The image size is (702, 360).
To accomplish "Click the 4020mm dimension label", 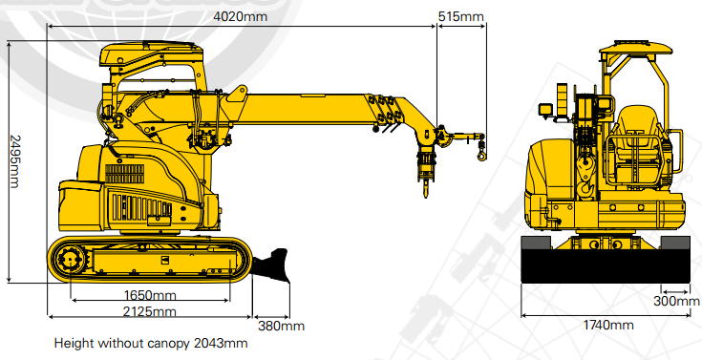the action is tap(240, 16).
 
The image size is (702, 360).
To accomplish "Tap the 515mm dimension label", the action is tap(460, 16).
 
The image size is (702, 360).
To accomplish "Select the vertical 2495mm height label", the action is tap(14, 161).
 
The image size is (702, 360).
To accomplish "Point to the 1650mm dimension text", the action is tap(150, 295).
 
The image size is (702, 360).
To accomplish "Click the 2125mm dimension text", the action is tap(150, 311).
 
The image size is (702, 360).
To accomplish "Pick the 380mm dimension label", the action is tap(281, 326).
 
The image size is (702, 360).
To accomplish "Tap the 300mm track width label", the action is tap(676, 301).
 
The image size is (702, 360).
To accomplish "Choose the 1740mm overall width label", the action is tap(608, 325).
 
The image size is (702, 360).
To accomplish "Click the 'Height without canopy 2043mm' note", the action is tap(151, 344).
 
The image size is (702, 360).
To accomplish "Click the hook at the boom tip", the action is tap(481, 151).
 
